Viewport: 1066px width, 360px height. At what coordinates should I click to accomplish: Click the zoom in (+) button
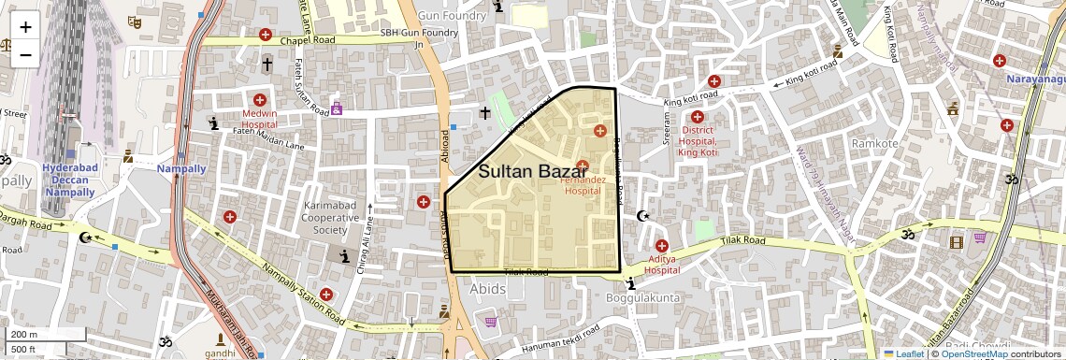pyautogui.click(x=25, y=27)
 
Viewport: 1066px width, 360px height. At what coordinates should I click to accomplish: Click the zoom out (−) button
pyautogui.click(x=25, y=54)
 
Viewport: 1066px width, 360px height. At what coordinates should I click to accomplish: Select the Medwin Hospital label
pyautogui.click(x=260, y=118)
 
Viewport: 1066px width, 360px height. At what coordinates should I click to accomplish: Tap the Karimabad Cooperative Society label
pyautogui.click(x=330, y=217)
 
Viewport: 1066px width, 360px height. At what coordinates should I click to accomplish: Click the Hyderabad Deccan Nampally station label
pyautogui.click(x=70, y=180)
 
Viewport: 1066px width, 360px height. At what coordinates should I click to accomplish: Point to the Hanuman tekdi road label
pyautogui.click(x=561, y=345)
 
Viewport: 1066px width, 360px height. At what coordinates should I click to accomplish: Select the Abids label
pyautogui.click(x=488, y=289)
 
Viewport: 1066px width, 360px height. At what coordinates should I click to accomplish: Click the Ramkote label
pyautogui.click(x=874, y=143)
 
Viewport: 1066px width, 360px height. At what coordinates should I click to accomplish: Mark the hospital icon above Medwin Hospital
pyautogui.click(x=260, y=100)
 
